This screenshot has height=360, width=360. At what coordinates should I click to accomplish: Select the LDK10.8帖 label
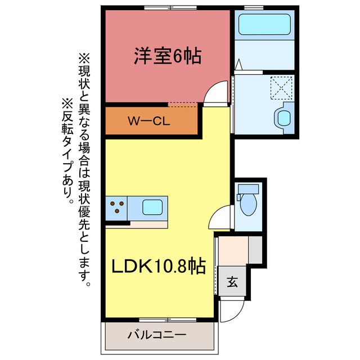point(156,265)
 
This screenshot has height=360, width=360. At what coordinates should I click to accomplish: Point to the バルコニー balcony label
point(157,335)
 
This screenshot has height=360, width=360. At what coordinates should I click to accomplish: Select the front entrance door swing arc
point(232,308)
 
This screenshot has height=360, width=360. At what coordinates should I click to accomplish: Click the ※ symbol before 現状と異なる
point(84,57)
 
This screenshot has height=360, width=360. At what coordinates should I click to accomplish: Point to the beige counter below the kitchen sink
point(148,224)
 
